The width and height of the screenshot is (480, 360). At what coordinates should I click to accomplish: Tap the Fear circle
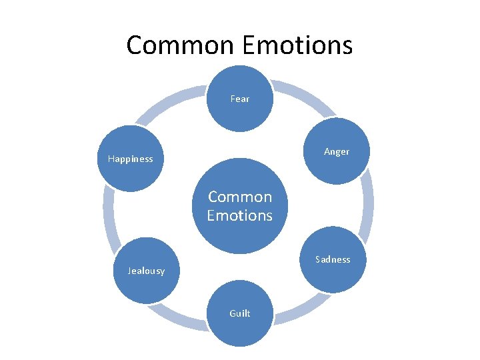tap(239, 99)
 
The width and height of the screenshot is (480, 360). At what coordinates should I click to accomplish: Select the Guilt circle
tap(239, 313)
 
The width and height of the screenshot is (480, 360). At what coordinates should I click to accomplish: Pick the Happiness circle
tap(131, 159)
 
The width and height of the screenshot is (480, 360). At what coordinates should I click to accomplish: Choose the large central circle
tap(239, 206)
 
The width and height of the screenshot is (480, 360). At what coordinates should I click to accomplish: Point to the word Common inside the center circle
tap(239, 197)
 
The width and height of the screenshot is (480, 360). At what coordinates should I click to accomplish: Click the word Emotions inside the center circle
tap(239, 215)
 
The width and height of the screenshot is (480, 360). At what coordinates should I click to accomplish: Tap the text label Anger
tap(336, 151)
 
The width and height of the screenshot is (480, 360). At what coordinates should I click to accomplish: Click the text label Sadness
tap(332, 259)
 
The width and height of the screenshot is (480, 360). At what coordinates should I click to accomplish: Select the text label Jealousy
tap(146, 271)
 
